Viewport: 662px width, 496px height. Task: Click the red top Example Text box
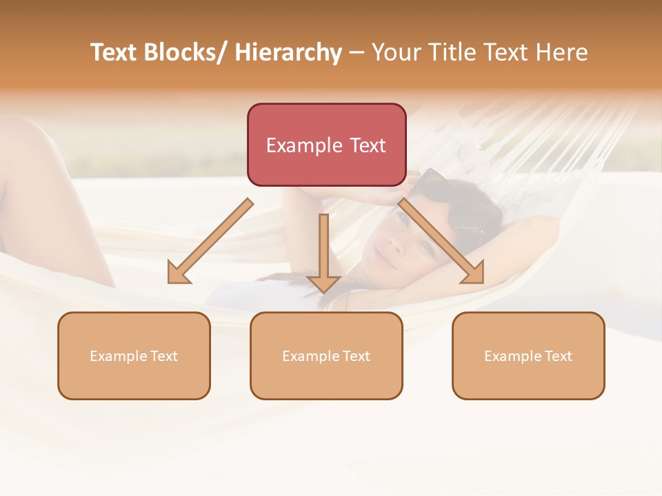(x=326, y=145)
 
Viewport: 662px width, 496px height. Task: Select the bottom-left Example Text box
(x=134, y=355)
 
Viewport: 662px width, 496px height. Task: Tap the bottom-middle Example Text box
(x=326, y=355)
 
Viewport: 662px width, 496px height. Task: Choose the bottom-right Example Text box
(x=528, y=355)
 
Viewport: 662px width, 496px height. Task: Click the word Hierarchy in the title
(x=288, y=52)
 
